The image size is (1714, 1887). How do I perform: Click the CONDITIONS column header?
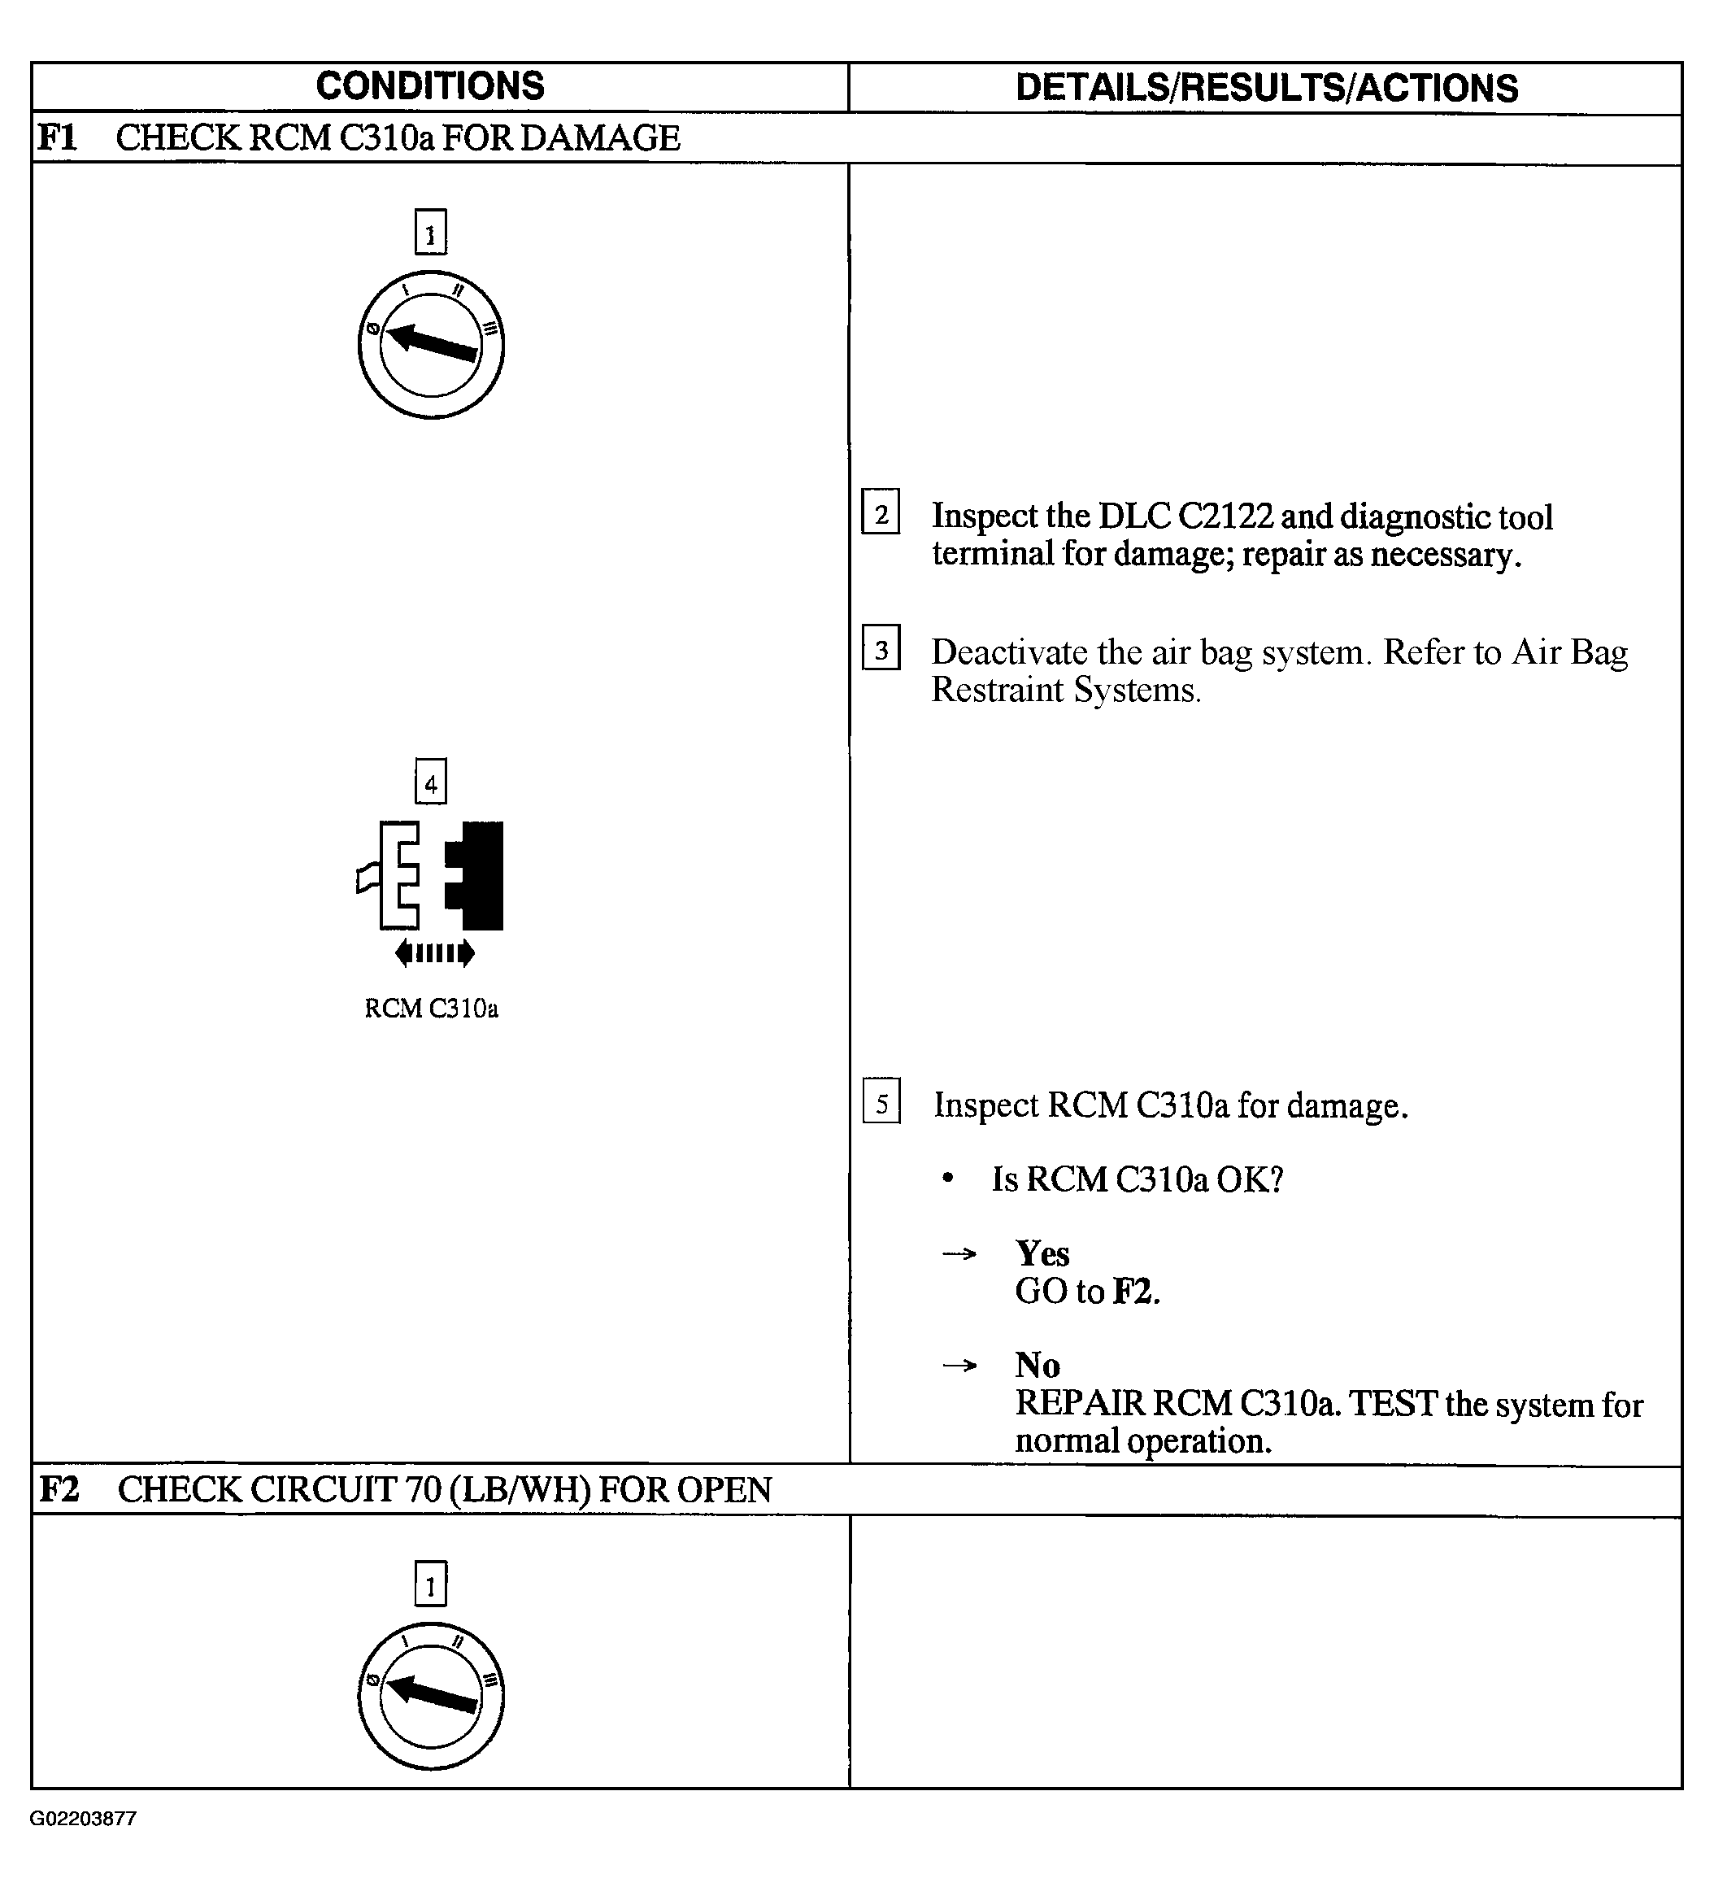click(430, 86)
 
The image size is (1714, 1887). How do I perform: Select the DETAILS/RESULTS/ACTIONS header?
click(1266, 88)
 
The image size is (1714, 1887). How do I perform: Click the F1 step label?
click(56, 137)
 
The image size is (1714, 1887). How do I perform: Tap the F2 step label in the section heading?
click(58, 1489)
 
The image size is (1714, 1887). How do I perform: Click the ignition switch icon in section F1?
click(431, 344)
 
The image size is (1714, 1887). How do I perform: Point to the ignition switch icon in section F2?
click(431, 1696)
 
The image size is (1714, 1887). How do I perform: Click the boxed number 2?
click(881, 512)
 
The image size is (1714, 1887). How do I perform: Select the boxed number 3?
click(881, 647)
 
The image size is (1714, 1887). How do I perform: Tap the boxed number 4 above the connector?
click(430, 782)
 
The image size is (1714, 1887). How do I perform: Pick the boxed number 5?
click(881, 1100)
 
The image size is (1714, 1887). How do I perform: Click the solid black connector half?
click(476, 876)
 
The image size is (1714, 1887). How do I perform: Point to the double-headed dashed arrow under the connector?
click(435, 954)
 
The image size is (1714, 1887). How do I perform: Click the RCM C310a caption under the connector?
click(431, 1008)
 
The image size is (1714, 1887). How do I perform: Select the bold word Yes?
click(1042, 1253)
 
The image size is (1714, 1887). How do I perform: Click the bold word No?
click(1038, 1366)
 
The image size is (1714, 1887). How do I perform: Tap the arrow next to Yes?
click(959, 1254)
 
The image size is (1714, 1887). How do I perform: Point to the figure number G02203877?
click(83, 1819)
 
